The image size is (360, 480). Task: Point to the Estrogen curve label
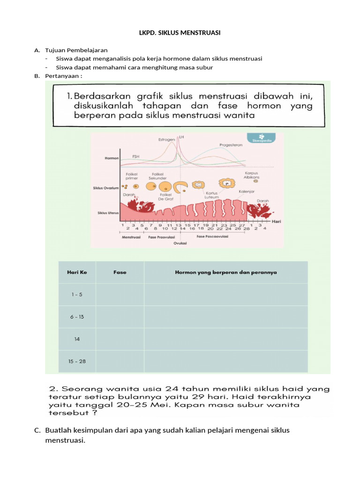[x=166, y=139]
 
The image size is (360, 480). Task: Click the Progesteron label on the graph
[x=231, y=145]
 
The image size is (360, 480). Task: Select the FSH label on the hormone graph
[x=136, y=157]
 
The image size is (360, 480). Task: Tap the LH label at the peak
[x=181, y=137]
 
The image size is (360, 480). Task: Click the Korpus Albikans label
[x=252, y=176]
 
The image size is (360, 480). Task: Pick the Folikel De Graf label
[x=166, y=197]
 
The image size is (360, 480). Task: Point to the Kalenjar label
[x=246, y=191]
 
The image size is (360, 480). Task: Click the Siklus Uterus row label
[x=108, y=213]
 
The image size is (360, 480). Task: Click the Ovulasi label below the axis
[x=180, y=244]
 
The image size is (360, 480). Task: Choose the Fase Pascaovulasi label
[x=212, y=237]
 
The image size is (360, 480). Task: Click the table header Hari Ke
[x=77, y=272]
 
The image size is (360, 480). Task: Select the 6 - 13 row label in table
[x=77, y=317]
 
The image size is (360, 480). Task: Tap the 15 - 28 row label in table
[x=77, y=361]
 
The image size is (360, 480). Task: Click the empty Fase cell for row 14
[x=120, y=339]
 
